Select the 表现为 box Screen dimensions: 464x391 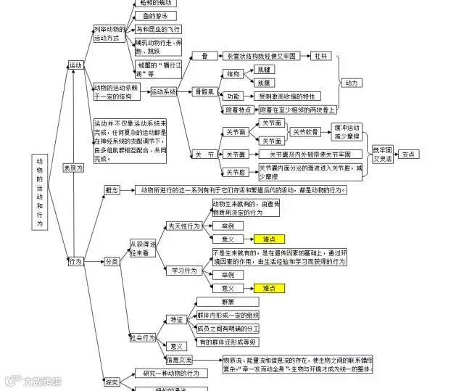(72, 168)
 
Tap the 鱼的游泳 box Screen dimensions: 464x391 (154, 15)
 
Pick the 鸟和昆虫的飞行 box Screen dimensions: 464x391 (158, 29)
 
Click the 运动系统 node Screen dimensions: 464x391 (164, 91)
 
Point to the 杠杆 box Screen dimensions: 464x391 (320, 55)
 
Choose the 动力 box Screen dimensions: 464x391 (352, 83)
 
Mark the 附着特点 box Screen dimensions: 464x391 (239, 110)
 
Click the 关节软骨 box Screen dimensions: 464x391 (306, 132)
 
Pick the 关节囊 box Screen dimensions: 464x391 (235, 154)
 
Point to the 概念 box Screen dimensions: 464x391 (112, 189)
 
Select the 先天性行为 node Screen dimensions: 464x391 (183, 226)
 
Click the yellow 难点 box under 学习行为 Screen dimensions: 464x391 (269, 288)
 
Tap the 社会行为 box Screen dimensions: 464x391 (143, 338)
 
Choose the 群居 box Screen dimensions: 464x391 (226, 301)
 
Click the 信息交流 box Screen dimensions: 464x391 (179, 360)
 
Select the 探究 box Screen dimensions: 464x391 (112, 381)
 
